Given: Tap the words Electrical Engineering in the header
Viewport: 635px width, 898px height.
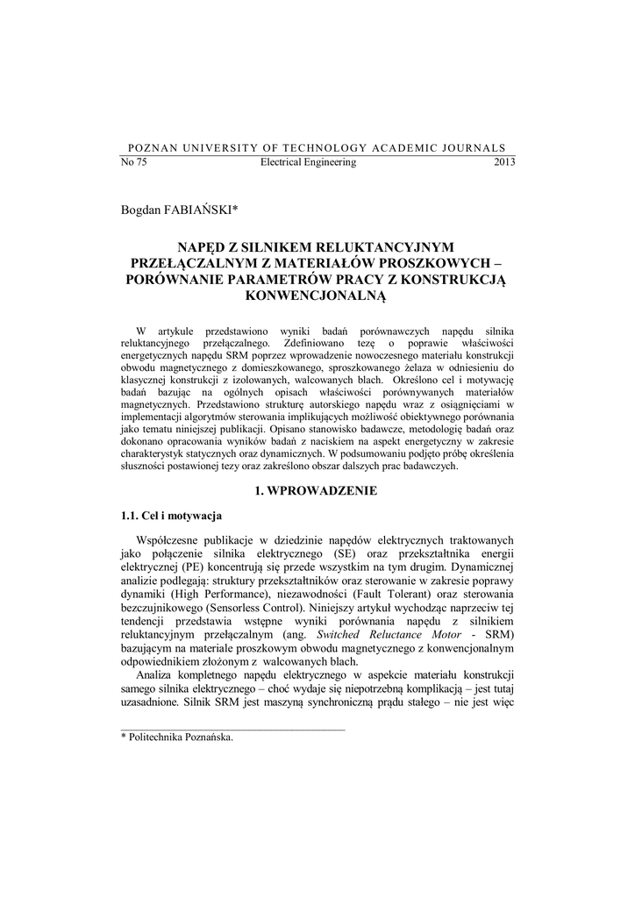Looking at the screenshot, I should [309, 162].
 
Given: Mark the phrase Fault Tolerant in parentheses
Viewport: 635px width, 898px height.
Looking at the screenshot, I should [383, 602].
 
